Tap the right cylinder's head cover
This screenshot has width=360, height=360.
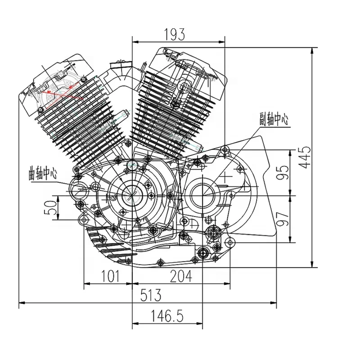189,67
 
